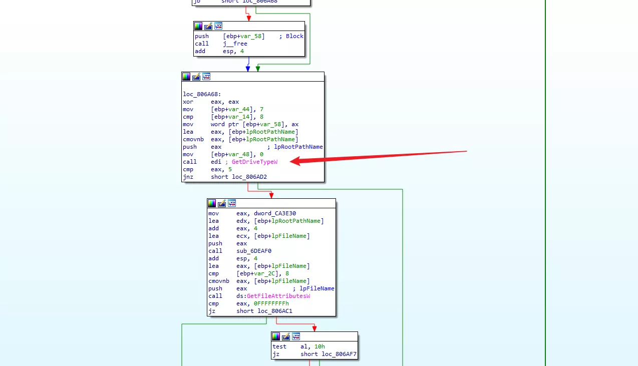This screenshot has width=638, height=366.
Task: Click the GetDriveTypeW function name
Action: click(x=254, y=162)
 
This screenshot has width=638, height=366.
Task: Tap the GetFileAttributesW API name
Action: click(x=278, y=296)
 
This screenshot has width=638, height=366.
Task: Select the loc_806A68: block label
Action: click(x=202, y=94)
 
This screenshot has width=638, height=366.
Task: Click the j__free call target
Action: click(x=235, y=44)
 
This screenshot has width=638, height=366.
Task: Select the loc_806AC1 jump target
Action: click(x=275, y=311)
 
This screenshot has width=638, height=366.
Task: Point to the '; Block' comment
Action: click(x=291, y=36)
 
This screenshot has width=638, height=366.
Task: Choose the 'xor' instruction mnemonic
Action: click(x=188, y=102)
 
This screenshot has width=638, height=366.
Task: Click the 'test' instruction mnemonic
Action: click(x=279, y=346)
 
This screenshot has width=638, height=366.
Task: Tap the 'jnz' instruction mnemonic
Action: click(x=188, y=177)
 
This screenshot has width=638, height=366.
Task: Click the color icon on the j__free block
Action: click(x=198, y=26)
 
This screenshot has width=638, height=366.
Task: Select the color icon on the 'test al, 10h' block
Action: click(x=276, y=336)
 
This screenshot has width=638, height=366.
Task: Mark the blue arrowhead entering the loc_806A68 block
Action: click(x=248, y=69)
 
